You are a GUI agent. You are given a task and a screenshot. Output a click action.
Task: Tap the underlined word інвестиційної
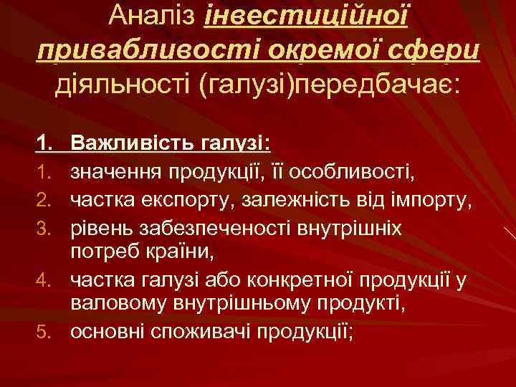(x=306, y=16)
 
